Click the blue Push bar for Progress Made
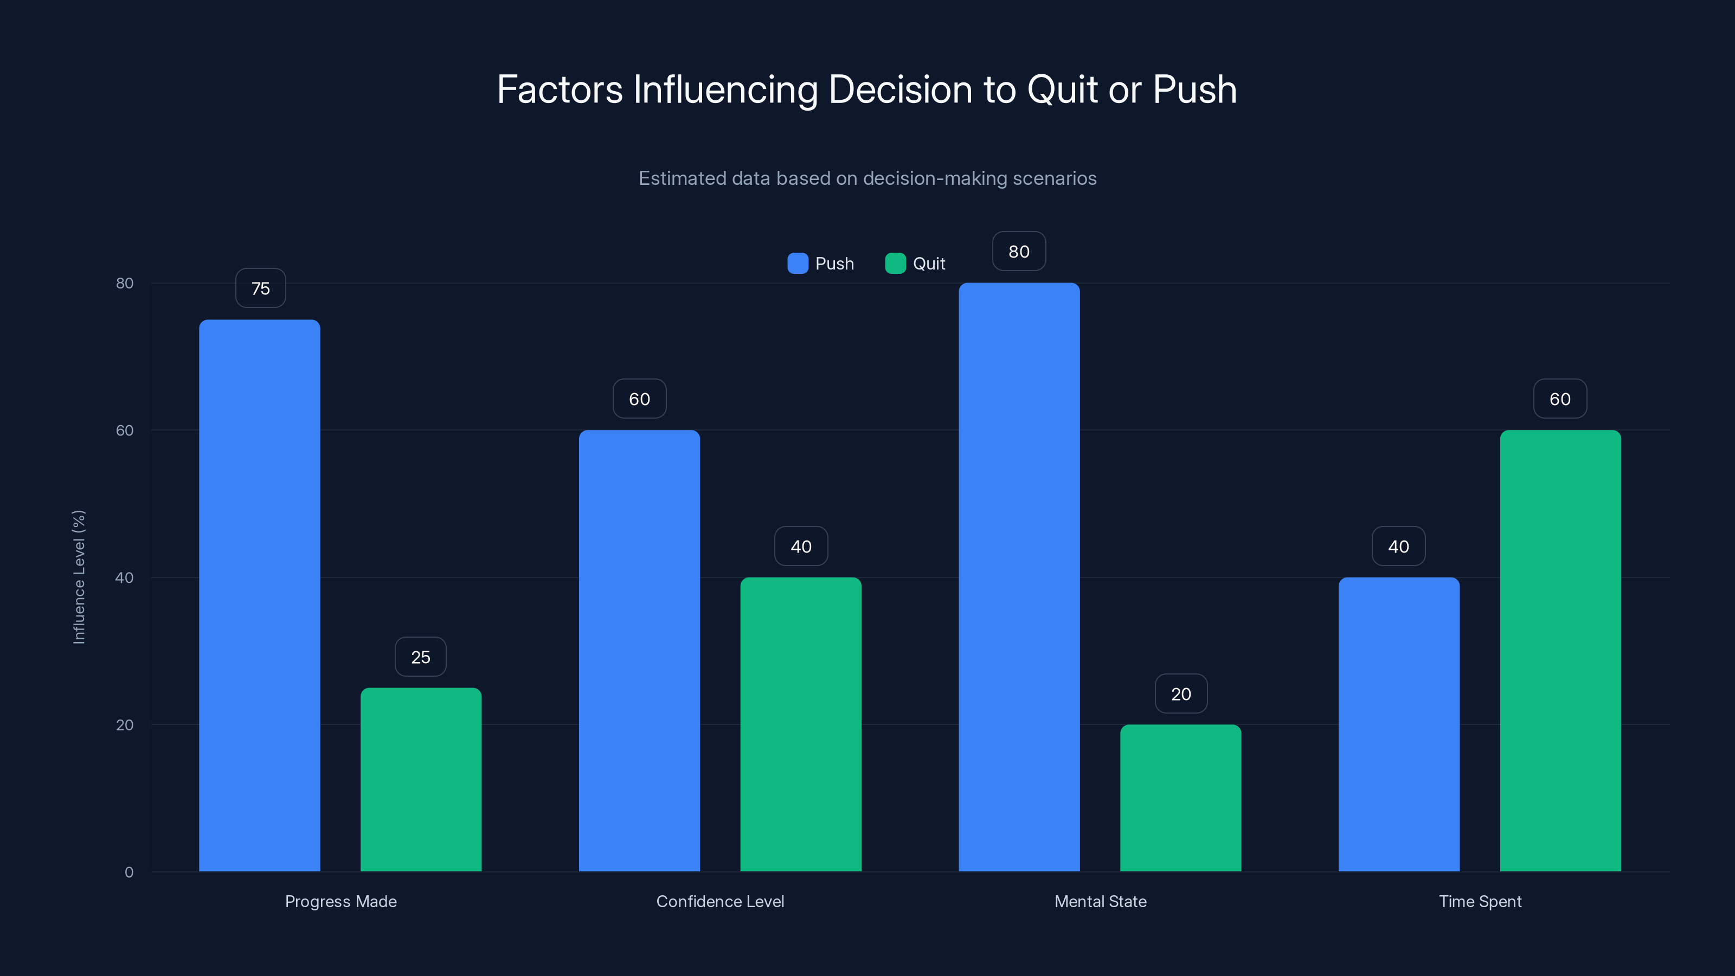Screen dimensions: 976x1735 click(259, 595)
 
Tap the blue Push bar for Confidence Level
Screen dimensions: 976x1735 click(639, 651)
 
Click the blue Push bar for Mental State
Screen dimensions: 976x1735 click(1019, 577)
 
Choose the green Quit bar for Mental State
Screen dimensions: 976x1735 click(1181, 798)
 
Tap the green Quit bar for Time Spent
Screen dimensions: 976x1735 click(1560, 651)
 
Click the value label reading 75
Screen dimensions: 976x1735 click(261, 288)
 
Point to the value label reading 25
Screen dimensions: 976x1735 click(420, 657)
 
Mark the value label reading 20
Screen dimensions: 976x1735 click(1181, 694)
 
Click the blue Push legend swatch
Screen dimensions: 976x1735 click(798, 264)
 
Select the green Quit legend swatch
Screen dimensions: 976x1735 click(895, 264)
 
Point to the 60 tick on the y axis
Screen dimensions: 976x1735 click(125, 431)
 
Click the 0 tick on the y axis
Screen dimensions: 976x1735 click(128, 872)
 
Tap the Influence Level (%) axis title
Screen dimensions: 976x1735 click(79, 577)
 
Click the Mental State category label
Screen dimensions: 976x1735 click(1100, 901)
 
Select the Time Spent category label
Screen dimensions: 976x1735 click(1480, 901)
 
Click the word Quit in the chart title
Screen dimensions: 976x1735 click(1062, 89)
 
